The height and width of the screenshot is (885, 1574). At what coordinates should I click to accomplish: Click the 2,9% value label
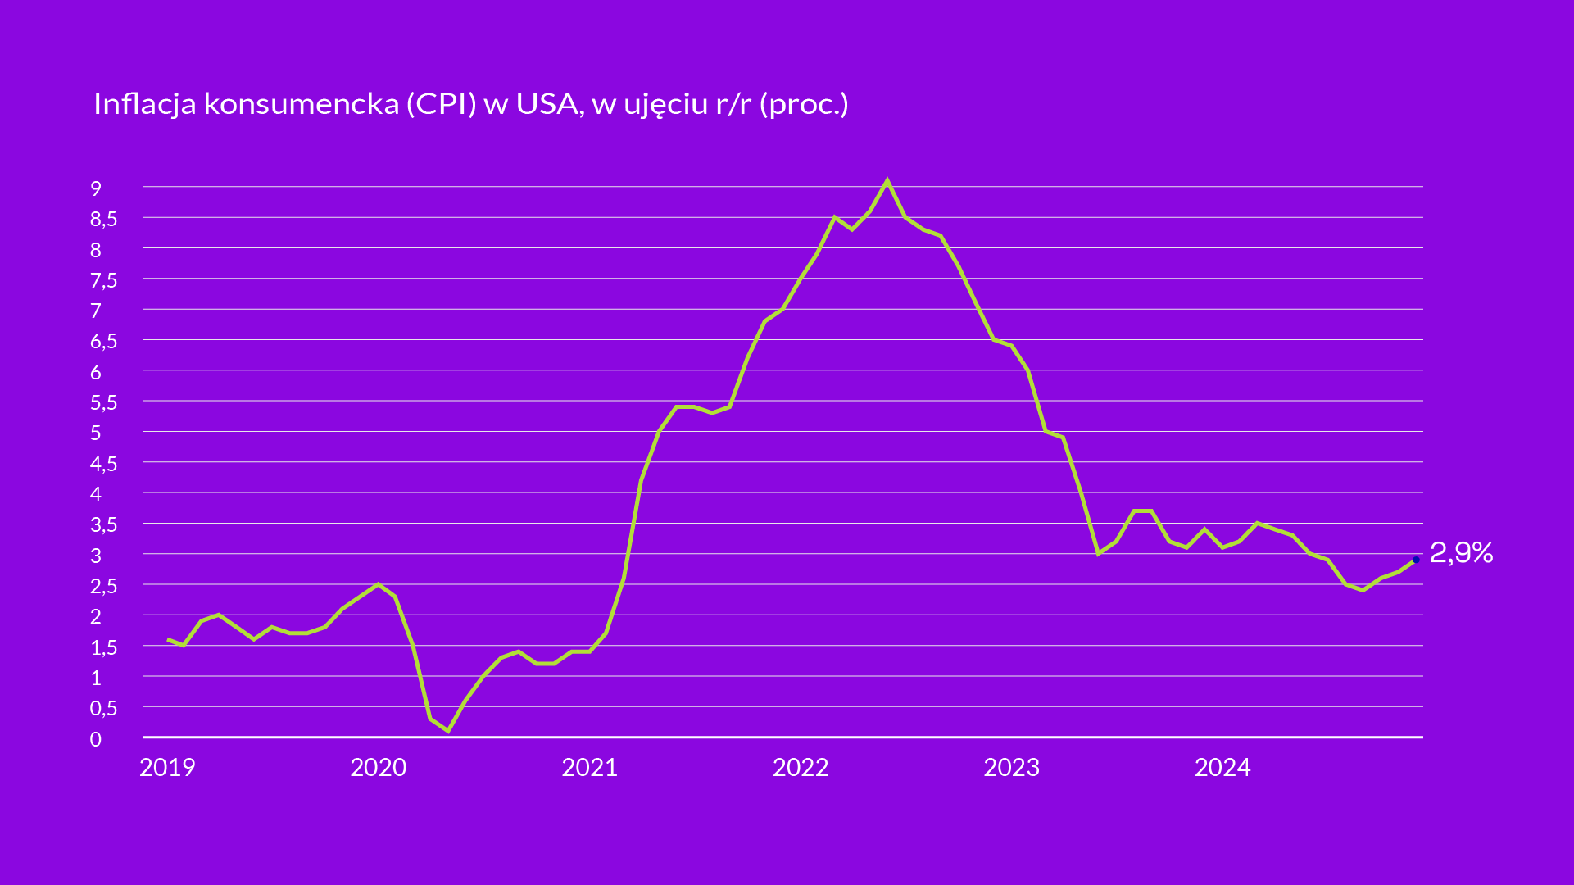tap(1461, 553)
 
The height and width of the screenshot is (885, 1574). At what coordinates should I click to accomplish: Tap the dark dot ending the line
tap(1416, 560)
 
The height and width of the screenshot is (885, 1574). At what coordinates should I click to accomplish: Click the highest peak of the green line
tap(887, 180)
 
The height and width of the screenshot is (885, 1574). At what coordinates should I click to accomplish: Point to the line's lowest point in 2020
tap(447, 730)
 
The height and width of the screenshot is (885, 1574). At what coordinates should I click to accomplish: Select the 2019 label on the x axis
tap(167, 767)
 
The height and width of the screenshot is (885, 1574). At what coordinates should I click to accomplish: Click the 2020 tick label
tap(378, 767)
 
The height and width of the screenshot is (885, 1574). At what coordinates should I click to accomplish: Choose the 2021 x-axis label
tap(589, 767)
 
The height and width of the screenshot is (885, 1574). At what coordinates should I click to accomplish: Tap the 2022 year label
tap(801, 767)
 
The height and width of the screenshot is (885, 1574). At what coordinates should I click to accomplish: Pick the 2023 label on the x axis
tap(1011, 767)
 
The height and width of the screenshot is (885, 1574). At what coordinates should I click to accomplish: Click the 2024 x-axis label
tap(1222, 767)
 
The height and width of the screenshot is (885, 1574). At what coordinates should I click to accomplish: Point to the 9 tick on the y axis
tap(96, 188)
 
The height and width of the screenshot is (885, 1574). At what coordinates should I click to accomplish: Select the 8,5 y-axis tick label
tap(103, 219)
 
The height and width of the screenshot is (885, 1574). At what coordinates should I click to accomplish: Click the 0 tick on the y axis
tap(96, 739)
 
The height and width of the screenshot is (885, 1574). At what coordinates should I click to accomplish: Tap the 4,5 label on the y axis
tap(103, 464)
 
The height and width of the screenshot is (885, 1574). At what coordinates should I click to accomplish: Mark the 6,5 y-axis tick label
tap(103, 342)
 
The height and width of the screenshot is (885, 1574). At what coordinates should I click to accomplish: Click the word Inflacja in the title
tap(144, 104)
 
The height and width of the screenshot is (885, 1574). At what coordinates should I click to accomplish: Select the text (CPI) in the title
tap(442, 104)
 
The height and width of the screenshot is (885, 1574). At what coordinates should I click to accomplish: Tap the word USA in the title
tap(547, 104)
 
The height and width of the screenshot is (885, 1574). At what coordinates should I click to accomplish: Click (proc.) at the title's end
tap(804, 104)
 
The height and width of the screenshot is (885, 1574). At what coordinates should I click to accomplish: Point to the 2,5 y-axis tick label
tap(103, 586)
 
